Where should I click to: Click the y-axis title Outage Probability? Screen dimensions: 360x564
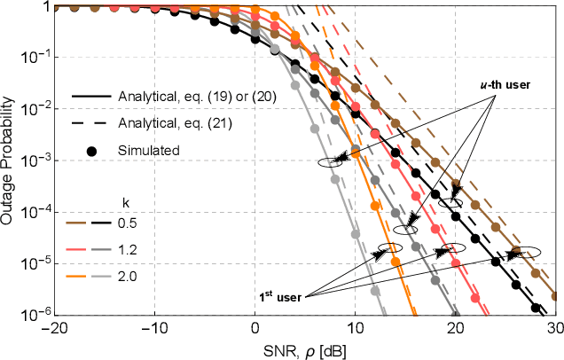point(8,160)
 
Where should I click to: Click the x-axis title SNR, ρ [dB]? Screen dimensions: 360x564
point(305,350)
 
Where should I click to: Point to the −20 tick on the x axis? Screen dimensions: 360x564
point(54,327)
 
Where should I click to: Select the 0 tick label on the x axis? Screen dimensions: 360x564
point(255,327)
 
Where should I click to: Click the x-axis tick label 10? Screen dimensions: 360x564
point(355,327)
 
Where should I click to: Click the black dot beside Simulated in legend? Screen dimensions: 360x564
point(91,150)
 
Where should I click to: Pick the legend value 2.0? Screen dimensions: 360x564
point(130,277)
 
